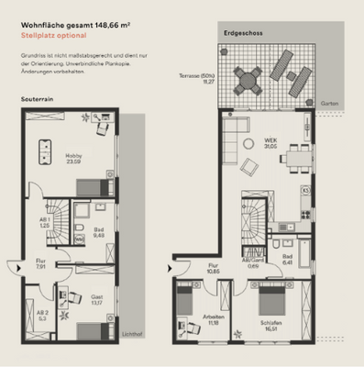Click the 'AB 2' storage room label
click(43, 316)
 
